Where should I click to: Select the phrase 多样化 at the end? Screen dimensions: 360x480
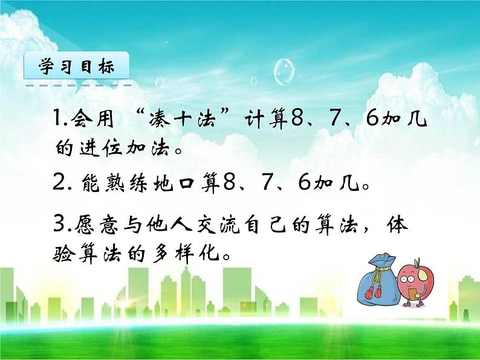187,253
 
